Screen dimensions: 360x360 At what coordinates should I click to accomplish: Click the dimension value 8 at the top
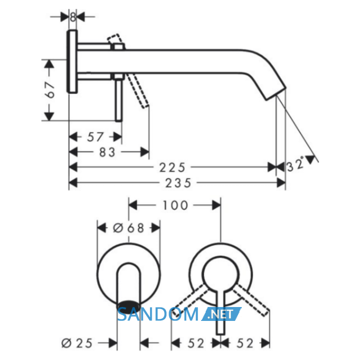73,17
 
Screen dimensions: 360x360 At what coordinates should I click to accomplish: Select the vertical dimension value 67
51,90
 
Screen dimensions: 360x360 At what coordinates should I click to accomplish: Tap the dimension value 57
95,137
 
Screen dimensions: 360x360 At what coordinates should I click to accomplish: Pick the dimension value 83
107,152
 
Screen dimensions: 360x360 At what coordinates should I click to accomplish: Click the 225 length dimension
172,168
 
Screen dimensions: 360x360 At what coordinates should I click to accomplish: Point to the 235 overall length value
178,183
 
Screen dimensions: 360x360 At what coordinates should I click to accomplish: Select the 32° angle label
296,164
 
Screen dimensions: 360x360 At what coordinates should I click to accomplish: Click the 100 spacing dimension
175,205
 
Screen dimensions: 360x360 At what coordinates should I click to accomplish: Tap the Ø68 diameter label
129,228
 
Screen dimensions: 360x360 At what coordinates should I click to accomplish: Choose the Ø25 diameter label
77,343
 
